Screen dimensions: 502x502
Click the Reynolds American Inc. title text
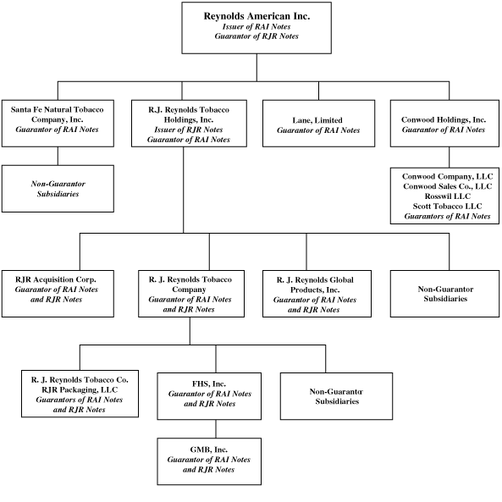tap(257, 16)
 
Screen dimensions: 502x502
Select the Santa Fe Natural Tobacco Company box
tap(58, 124)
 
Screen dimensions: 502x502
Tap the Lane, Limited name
tap(317, 120)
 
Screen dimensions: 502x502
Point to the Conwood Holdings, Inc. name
tap(444, 119)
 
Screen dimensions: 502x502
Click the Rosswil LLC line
tap(448, 196)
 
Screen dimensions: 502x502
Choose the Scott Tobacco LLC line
tap(447, 206)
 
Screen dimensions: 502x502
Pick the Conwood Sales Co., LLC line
tap(447, 186)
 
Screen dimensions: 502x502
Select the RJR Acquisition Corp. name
tap(56, 279)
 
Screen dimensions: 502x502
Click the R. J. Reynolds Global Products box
tap(317, 294)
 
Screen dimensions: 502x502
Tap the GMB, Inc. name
tap(209, 450)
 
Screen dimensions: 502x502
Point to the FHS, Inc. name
tap(209, 383)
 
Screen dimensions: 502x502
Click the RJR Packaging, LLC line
tap(80, 389)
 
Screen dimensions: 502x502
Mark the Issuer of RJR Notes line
tap(189, 130)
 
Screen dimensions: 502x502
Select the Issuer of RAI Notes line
tap(257, 26)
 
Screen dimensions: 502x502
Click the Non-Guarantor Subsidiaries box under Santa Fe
tap(58, 189)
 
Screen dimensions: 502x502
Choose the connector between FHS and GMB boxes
tap(216, 428)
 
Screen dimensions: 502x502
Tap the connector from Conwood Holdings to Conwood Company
tap(449, 157)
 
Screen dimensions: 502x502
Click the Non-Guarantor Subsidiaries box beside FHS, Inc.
tap(336, 396)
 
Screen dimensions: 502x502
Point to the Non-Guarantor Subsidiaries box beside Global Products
tap(444, 294)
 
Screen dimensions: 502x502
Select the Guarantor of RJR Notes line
tap(257, 36)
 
